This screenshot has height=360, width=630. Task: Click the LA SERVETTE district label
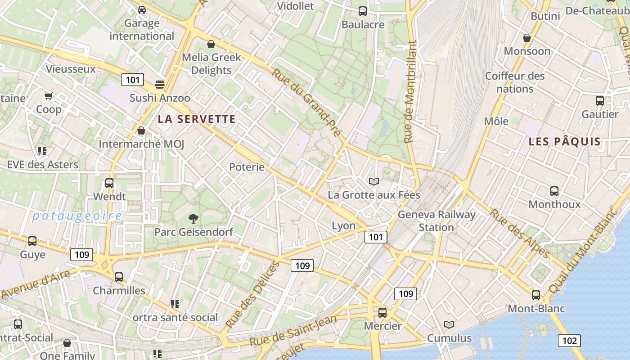(x=196, y=119)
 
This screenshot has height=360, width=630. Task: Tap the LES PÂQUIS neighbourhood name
(x=564, y=142)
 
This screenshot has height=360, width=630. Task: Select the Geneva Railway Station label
(x=436, y=220)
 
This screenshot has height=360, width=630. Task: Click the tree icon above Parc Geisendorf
(x=193, y=219)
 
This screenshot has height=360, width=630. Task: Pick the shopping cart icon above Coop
(x=49, y=96)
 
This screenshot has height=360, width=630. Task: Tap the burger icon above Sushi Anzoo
(x=159, y=84)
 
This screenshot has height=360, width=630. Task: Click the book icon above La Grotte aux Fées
(x=373, y=181)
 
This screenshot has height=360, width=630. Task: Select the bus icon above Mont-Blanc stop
(x=535, y=295)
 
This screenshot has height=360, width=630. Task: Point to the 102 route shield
(x=569, y=341)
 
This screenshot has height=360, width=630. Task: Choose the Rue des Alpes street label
(x=519, y=234)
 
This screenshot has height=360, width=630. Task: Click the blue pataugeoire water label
(x=77, y=216)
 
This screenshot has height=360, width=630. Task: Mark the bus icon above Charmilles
(x=119, y=277)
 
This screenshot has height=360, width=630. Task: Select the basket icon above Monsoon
(x=526, y=38)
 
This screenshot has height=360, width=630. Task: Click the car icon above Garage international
(x=142, y=9)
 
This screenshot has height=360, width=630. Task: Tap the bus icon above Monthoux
(x=554, y=191)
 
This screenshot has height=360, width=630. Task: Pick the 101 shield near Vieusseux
(x=132, y=80)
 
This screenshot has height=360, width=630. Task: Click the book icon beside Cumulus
(x=449, y=324)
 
